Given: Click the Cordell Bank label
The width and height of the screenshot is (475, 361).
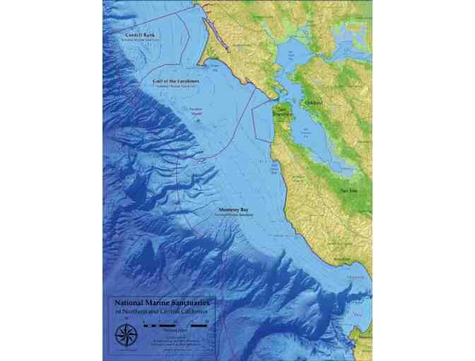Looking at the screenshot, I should (x=140, y=35).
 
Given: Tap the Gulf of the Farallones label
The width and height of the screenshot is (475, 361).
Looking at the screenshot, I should (x=176, y=81).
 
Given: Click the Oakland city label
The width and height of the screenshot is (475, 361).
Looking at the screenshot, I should (x=313, y=103).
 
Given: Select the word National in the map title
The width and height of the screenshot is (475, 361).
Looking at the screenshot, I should (x=125, y=301).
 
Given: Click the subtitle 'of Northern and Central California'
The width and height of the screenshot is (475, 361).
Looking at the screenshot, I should (x=159, y=311).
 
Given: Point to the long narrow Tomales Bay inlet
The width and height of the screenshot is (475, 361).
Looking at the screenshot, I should (x=210, y=28).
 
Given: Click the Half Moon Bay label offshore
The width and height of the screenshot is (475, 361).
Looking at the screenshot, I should (x=275, y=168).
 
